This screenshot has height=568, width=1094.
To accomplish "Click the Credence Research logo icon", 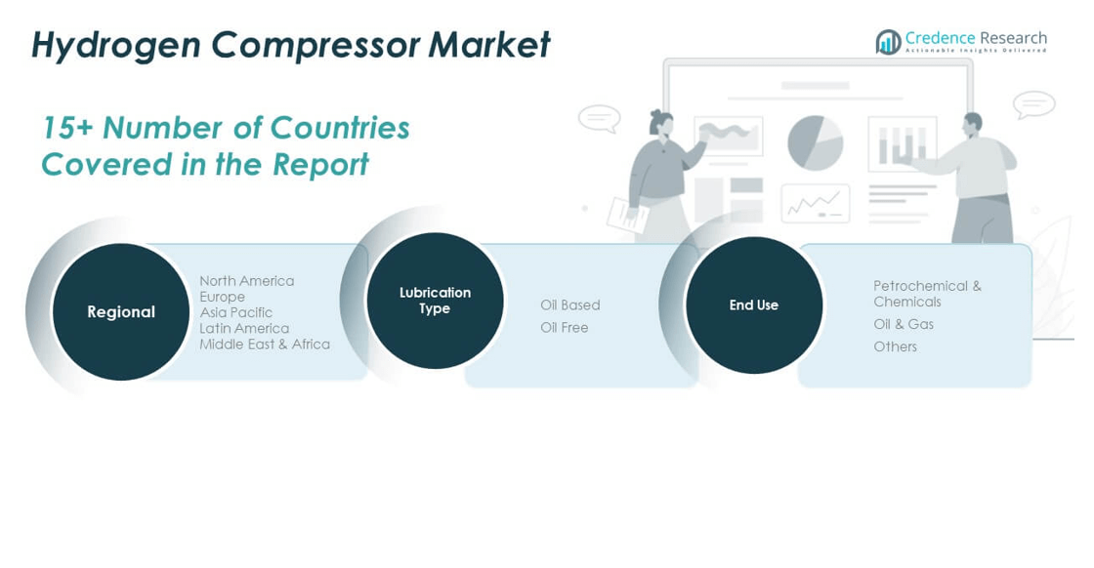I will tap(888, 42).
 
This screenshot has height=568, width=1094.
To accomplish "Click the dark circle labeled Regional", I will tap(121, 312).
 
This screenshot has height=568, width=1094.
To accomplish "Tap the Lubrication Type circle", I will tap(435, 301).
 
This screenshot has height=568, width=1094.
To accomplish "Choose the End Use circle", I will tap(753, 305).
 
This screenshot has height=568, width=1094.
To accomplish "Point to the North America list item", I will tap(246, 281).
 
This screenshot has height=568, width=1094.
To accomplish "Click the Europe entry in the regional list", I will tap(222, 297).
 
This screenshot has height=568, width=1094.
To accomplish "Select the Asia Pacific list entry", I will tap(235, 312).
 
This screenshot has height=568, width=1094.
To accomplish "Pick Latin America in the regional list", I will tap(244, 328).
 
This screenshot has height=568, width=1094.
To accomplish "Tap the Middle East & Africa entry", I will tap(265, 345).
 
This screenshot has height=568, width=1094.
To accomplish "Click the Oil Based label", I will tap(570, 305).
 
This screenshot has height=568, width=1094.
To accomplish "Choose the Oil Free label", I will tap(565, 328).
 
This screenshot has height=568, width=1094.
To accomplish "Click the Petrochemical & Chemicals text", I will tap(927, 294).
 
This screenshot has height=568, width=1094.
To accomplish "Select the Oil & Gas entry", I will tap(904, 324).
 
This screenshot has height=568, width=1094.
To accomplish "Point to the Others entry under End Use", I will tap(895, 346).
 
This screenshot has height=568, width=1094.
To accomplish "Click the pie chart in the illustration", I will tap(815, 142).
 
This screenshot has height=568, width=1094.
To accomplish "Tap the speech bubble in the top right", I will tap(1033, 103).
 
